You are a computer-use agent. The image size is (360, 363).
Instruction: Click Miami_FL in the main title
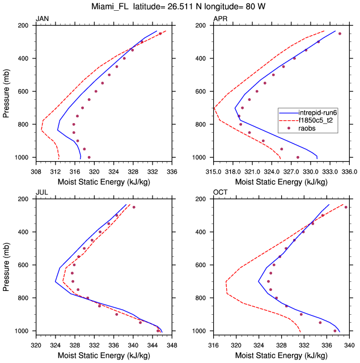tap(114, 7)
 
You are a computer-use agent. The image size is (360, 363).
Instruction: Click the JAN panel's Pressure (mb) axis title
tap(6, 91)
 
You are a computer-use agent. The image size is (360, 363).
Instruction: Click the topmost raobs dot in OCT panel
tap(346, 207)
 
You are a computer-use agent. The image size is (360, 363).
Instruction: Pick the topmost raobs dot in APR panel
tap(340, 33)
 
